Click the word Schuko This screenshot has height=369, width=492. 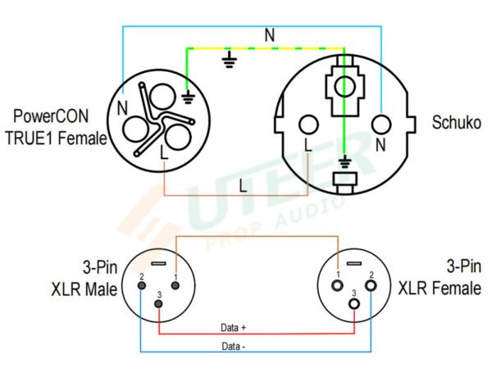coord(456,122)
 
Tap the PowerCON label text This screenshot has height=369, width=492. coord(51,116)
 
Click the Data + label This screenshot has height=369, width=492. coord(233,327)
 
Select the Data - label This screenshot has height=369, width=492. coord(233,346)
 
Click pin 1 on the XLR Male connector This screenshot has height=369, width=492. coord(175,285)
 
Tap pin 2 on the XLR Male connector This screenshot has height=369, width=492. coord(142,285)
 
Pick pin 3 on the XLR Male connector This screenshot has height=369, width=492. coord(159,303)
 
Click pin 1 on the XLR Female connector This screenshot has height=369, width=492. coord(338,286)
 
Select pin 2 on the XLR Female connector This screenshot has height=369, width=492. coord(371,286)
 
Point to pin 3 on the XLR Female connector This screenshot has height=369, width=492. coord(354,303)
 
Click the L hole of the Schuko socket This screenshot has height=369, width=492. coord(309,125)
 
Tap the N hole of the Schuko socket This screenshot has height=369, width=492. coord(381,125)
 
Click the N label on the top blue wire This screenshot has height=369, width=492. coord(270,34)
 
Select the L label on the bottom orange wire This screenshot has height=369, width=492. coord(243,185)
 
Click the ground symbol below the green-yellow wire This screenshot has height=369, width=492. coord(230,59)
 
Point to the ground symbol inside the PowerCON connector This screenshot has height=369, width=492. coord(188,97)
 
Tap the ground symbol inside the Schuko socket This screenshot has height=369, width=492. coord(345,162)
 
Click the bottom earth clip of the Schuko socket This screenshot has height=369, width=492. coord(345,182)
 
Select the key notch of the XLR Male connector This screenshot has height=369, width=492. coord(159,263)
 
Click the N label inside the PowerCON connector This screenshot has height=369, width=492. coord(122,108)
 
